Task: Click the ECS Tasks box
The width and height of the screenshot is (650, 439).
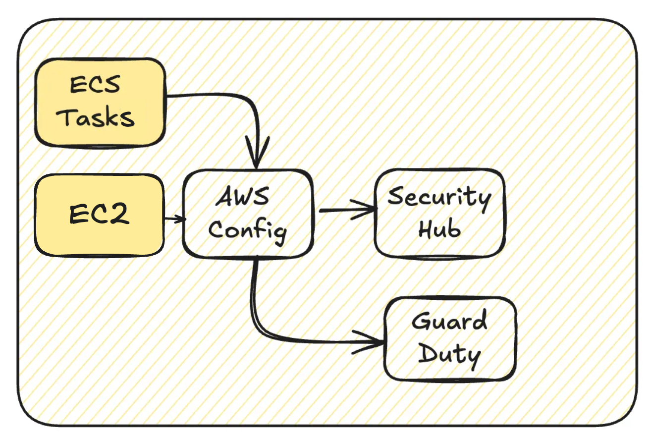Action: (99, 103)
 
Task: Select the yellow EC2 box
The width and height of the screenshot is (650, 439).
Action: (99, 215)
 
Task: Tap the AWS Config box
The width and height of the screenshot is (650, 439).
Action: (248, 213)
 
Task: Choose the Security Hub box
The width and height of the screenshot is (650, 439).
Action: (439, 213)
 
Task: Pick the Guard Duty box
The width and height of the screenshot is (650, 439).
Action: (450, 339)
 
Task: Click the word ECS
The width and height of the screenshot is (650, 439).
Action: (95, 85)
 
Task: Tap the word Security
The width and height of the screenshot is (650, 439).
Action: (439, 197)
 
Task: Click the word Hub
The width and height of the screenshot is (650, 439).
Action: (439, 230)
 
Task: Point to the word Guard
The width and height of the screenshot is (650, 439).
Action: (450, 323)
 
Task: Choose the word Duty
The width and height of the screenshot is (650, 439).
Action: (450, 355)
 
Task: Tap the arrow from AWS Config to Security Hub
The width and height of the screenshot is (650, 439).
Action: (347, 210)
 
